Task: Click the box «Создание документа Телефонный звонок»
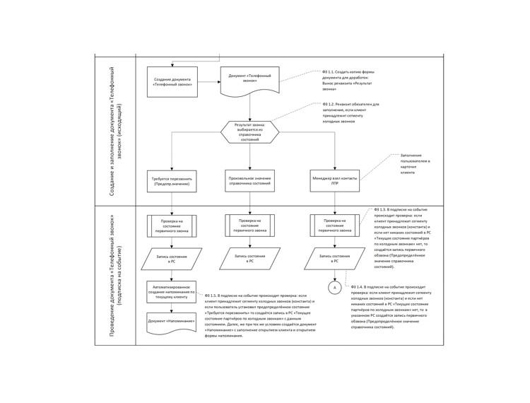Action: pyautogui.click(x=172, y=81)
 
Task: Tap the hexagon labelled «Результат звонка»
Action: pyautogui.click(x=249, y=132)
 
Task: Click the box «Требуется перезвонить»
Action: pyautogui.click(x=172, y=181)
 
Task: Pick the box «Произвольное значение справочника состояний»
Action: pyautogui.click(x=249, y=180)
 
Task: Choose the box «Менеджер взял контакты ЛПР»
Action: pyautogui.click(x=334, y=180)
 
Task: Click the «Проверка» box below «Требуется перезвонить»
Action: pyautogui.click(x=172, y=226)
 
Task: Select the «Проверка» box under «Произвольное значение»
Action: pyautogui.click(x=249, y=226)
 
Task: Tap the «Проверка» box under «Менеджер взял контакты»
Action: pyautogui.click(x=334, y=226)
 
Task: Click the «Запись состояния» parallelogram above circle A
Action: pyautogui.click(x=334, y=258)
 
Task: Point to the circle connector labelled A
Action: pyautogui.click(x=334, y=288)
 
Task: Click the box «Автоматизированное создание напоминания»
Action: pyautogui.click(x=172, y=291)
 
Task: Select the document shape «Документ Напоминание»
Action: pyautogui.click(x=172, y=322)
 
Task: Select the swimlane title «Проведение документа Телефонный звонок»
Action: pyautogui.click(x=115, y=276)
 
